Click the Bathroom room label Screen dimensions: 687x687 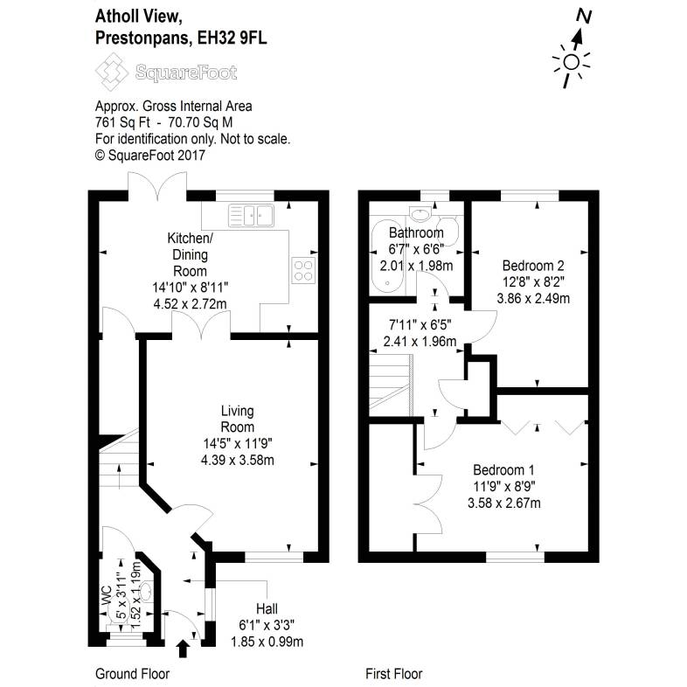(x=416, y=233)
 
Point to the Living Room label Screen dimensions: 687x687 (x=237, y=420)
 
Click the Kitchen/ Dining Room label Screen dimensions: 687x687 (x=190, y=253)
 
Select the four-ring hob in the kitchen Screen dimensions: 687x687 (x=302, y=270)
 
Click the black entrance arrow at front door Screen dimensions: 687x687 (x=183, y=649)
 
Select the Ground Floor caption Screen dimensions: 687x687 (x=131, y=674)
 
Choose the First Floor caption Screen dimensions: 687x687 (x=393, y=674)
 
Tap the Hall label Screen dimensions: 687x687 (x=267, y=609)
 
